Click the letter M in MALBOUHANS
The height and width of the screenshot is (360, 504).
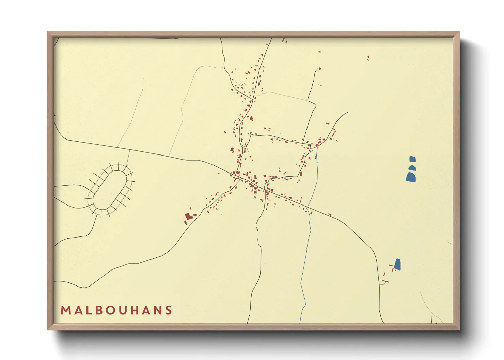tap(65, 310)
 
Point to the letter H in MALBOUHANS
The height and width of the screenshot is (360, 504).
tap(135, 310)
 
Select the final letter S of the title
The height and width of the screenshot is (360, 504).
tap(168, 310)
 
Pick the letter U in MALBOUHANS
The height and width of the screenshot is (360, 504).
tap(123, 310)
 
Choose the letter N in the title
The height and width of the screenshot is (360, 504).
tap(157, 310)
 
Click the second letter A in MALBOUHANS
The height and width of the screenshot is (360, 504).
tap(146, 310)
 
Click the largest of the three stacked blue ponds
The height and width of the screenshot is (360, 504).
tap(411, 177)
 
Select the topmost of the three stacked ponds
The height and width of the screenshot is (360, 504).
tap(412, 159)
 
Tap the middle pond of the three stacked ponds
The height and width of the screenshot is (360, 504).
tap(412, 167)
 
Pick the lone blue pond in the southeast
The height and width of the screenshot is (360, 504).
tap(397, 264)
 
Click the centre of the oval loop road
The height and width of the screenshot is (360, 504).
tap(110, 190)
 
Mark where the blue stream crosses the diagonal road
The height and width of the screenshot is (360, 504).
tap(308, 207)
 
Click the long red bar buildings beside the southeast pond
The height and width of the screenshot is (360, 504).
tap(386, 281)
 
